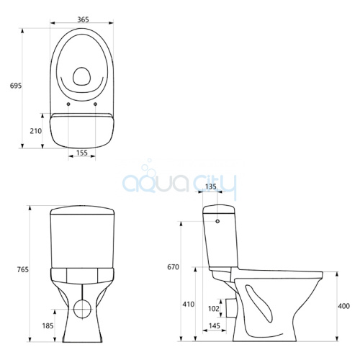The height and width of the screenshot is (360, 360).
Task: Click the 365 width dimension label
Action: point(83,19)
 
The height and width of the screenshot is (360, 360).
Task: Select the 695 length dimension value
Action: point(16,86)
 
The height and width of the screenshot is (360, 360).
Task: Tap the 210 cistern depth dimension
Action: point(36,131)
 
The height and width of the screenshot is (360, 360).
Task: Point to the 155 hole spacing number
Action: point(82,153)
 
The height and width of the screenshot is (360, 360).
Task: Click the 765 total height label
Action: point(23,269)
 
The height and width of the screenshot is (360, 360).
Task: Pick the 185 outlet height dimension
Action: point(48,325)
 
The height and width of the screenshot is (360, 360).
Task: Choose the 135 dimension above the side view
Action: point(211,186)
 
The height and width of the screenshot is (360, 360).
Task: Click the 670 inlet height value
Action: point(174,267)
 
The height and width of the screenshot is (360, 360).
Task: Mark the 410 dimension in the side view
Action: point(188,304)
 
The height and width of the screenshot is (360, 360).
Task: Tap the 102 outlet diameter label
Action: point(214,308)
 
